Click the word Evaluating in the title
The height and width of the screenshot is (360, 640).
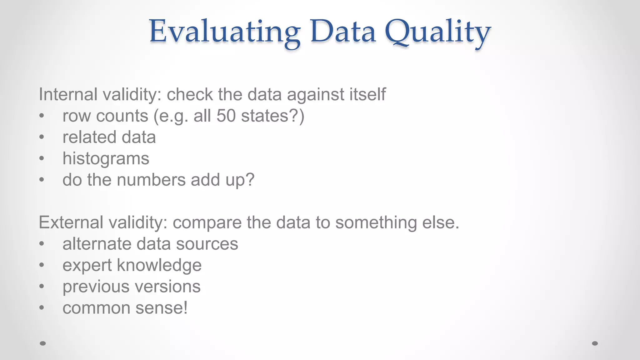224,32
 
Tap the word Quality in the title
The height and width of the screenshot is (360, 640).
437,32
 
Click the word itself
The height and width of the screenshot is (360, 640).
367,94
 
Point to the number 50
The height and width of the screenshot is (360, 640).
226,116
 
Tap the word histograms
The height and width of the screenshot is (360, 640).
106,159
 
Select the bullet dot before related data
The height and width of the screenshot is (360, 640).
42,137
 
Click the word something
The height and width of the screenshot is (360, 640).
376,222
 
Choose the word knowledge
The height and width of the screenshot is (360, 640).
159,265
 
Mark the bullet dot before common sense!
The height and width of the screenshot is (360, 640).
42,308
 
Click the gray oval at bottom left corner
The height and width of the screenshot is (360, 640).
43,343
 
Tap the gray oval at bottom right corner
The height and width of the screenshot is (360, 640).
595,343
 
